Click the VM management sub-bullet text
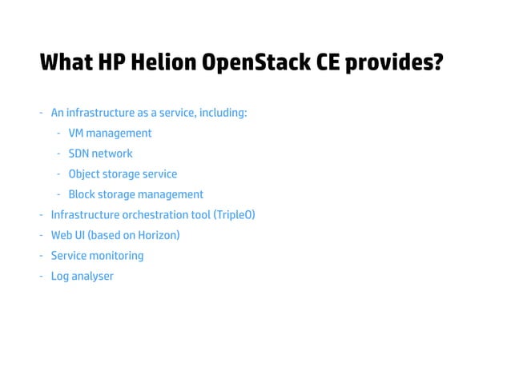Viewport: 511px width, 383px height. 110,133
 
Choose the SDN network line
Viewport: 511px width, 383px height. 100,154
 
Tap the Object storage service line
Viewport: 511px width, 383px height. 123,174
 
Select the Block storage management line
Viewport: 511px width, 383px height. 135,194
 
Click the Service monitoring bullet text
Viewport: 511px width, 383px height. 97,256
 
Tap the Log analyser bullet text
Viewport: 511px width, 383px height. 82,277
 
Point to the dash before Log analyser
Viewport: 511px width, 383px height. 41,277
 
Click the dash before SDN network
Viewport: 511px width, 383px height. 58,154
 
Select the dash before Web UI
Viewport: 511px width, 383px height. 41,236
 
